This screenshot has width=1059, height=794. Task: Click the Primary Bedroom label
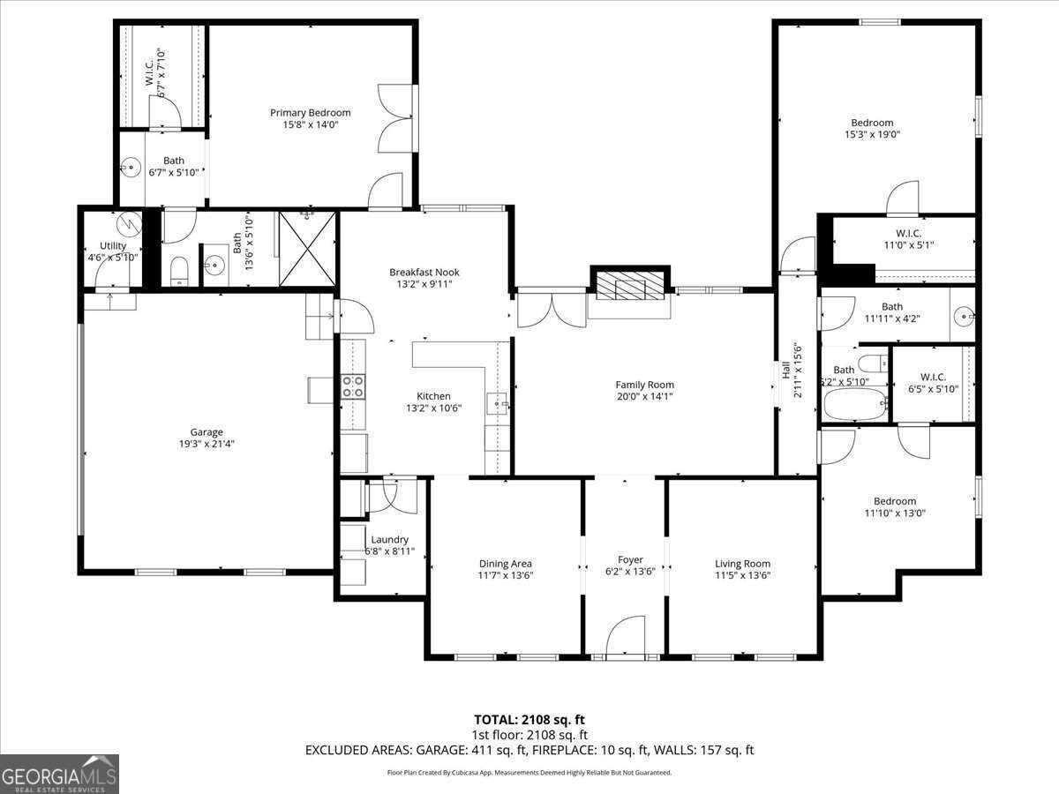[x=310, y=113]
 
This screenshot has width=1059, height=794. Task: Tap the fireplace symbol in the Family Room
[x=629, y=283]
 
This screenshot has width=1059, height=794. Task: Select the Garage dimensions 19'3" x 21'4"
[x=207, y=444]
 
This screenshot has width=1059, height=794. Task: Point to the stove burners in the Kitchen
[x=353, y=386]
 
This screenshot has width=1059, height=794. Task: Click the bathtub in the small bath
[x=854, y=406]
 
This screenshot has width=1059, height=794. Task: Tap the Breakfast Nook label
[x=424, y=273]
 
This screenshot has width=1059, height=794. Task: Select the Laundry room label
[x=389, y=539]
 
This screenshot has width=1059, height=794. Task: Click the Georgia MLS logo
[x=59, y=774]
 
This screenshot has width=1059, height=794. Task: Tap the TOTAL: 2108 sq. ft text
[x=529, y=720]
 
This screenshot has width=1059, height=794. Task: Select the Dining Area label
[x=505, y=563]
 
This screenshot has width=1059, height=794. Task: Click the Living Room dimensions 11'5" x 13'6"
[x=742, y=575]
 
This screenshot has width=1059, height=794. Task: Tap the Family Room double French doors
[x=551, y=309]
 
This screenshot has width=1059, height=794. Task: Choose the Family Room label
[x=644, y=385]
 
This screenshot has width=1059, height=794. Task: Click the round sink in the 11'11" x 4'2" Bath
[x=965, y=313]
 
